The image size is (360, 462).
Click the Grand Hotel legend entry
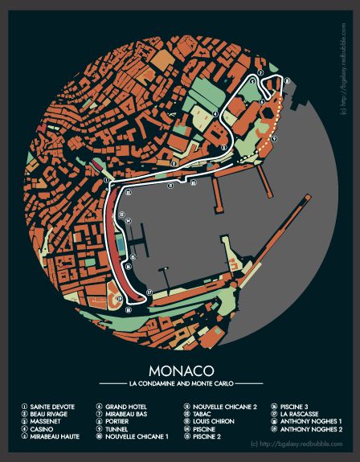121,407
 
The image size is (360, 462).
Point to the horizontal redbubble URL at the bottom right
297,444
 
